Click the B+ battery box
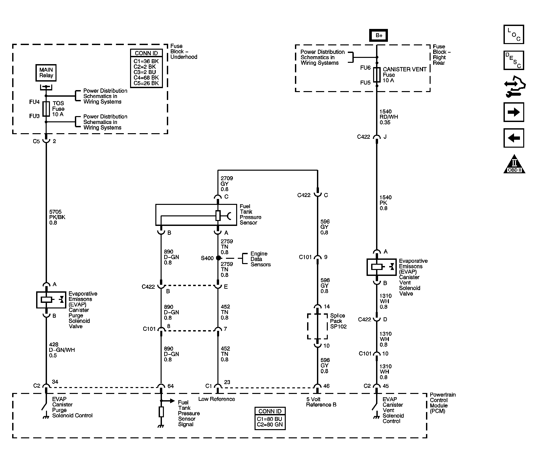(x=379, y=36)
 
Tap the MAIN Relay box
(x=46, y=73)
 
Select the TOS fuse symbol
(x=46, y=109)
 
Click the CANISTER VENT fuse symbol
(x=377, y=75)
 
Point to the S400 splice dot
(x=218, y=258)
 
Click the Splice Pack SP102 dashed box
(x=317, y=326)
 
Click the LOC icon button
(x=513, y=34)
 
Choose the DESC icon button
(x=513, y=60)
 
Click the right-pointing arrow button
(x=513, y=112)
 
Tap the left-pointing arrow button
(x=513, y=138)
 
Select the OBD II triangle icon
(x=514, y=164)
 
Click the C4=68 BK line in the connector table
(x=146, y=78)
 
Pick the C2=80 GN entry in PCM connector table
(x=270, y=425)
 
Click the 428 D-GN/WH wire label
(x=61, y=350)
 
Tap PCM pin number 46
(x=326, y=386)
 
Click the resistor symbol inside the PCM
(x=161, y=412)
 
